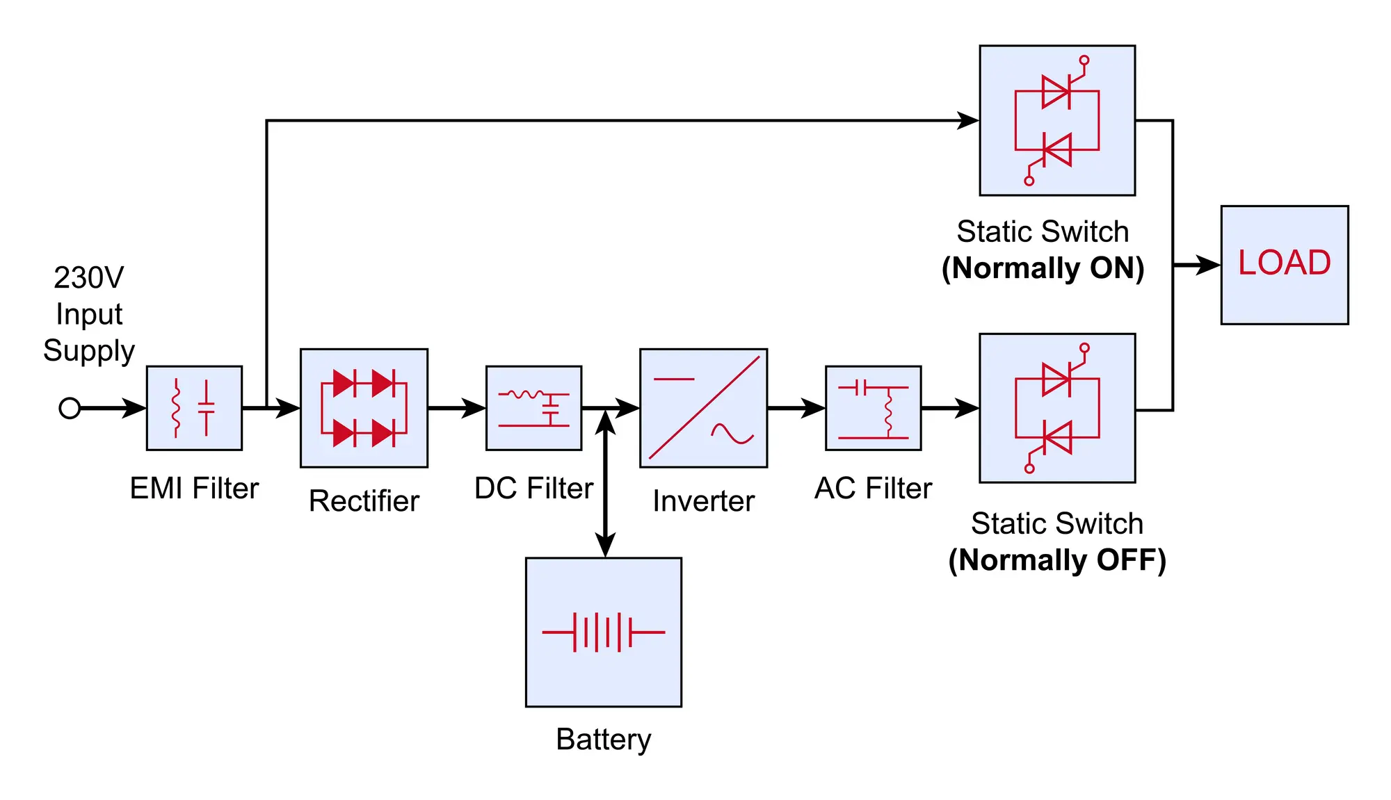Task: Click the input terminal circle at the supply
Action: coord(70,408)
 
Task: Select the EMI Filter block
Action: coord(194,408)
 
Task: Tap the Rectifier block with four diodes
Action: coord(364,408)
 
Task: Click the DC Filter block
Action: coord(533,408)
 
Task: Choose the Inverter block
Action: coord(703,408)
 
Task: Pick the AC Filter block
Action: coord(873,408)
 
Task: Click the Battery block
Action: coord(603,632)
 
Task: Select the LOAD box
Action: coord(1284,265)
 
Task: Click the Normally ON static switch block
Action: coord(1057,120)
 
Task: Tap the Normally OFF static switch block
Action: coord(1057,408)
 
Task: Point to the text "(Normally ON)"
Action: coord(1043,268)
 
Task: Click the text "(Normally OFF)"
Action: coord(1057,560)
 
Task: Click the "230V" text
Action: coord(89,278)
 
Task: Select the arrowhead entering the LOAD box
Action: coord(1207,265)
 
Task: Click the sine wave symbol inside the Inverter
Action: coord(732,434)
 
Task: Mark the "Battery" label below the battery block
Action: coord(603,740)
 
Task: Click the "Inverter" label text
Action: coord(703,501)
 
